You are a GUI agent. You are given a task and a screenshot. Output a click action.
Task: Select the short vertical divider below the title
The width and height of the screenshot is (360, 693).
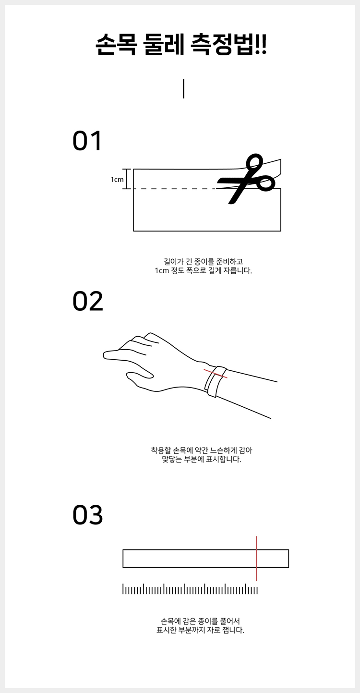[184, 89]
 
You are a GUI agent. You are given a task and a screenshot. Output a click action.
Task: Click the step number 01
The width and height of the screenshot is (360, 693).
[87, 141]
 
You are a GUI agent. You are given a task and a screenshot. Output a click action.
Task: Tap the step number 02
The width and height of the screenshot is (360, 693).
[88, 301]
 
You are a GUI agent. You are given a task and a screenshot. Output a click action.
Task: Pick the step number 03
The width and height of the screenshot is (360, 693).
[88, 515]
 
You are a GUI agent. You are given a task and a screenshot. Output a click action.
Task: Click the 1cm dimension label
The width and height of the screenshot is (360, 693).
[117, 180]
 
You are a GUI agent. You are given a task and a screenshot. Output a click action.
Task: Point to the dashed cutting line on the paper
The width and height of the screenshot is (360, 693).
[174, 189]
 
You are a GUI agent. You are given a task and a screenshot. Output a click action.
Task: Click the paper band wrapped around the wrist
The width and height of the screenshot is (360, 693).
[215, 382]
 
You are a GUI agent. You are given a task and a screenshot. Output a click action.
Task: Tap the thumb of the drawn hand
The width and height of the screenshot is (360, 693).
[140, 376]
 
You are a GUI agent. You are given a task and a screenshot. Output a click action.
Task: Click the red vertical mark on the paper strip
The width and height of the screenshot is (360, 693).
[256, 559]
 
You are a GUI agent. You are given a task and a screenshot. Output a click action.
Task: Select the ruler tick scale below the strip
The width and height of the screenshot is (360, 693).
[190, 589]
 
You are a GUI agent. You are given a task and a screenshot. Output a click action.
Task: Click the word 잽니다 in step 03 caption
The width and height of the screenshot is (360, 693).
[233, 630]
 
